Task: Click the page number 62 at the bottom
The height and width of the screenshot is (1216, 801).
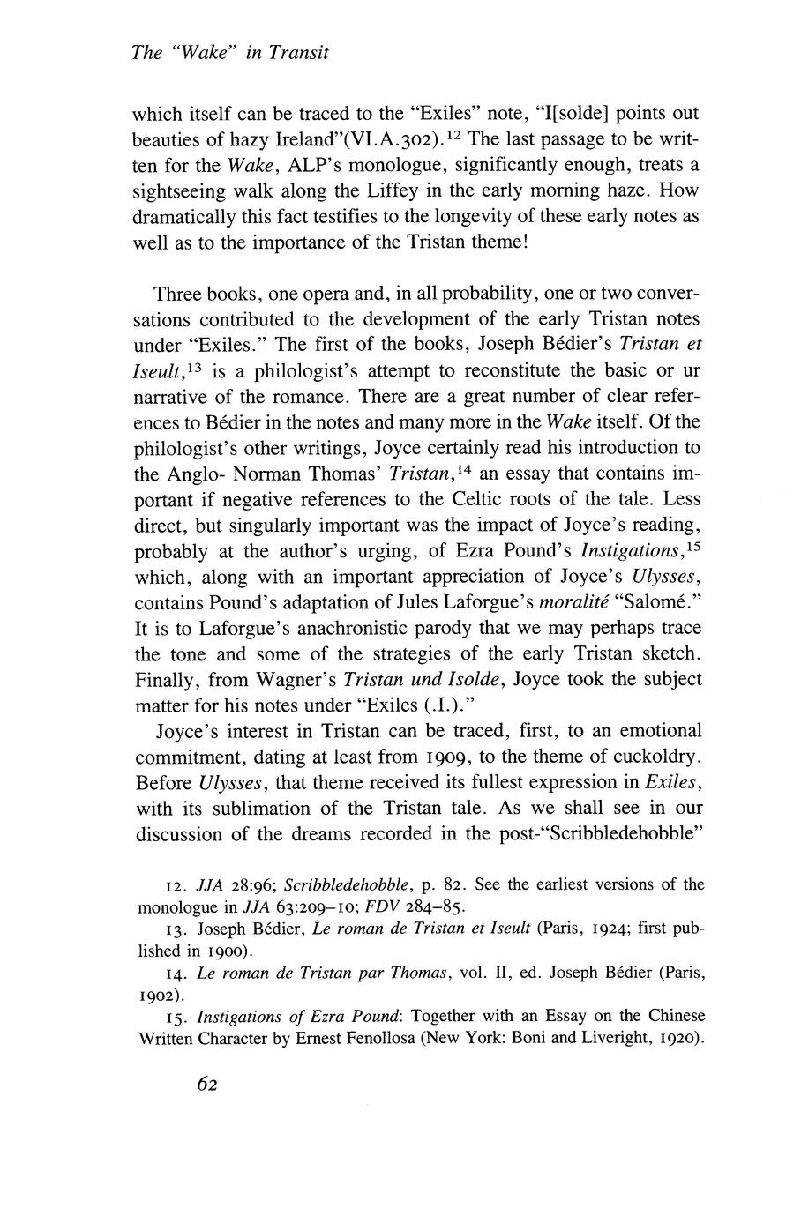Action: (207, 1085)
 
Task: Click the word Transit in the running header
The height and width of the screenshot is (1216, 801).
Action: (299, 53)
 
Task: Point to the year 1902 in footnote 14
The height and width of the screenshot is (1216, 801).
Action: (159, 992)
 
